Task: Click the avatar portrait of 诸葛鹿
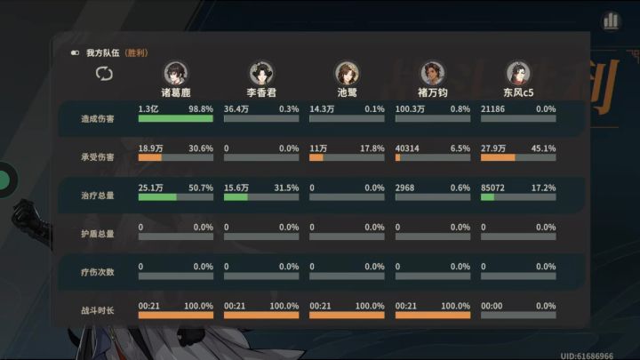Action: pos(176,73)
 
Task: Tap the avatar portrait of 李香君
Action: pos(261,73)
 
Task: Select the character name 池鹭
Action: pos(347,92)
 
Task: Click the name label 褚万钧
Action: pos(433,92)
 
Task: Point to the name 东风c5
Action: pos(518,92)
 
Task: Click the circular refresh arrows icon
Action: pos(104,74)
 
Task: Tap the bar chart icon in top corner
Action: pos(611,20)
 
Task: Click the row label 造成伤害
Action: pos(98,119)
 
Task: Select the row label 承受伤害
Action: pos(98,157)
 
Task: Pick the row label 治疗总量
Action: pos(98,196)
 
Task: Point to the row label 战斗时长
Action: pos(98,310)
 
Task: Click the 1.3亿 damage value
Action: pos(148,109)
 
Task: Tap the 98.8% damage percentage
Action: pos(201,109)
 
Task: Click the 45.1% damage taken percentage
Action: pos(543,148)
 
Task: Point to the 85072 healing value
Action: pos(492,188)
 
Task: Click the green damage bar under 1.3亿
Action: pos(175,119)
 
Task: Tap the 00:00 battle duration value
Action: pos(492,306)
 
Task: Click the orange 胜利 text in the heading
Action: pos(136,53)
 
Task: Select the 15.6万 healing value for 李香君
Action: pos(236,188)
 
